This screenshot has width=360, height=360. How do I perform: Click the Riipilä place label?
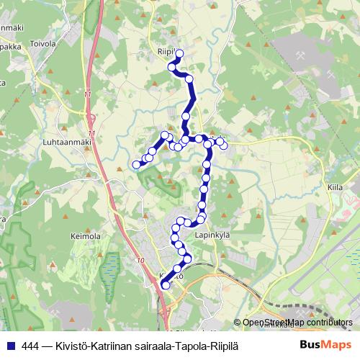(x=166, y=51)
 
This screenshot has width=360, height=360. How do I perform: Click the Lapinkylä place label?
(x=212, y=234)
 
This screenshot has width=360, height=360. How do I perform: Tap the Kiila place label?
(x=335, y=186)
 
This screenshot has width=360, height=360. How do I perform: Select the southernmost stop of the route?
(x=166, y=286)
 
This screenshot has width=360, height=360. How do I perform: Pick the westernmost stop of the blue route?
(x=136, y=165)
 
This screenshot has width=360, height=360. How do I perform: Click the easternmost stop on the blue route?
(x=224, y=145)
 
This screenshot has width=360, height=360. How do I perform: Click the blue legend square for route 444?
(x=10, y=346)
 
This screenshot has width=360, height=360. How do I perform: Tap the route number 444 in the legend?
(x=31, y=346)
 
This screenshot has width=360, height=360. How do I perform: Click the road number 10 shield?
(x=139, y=260)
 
